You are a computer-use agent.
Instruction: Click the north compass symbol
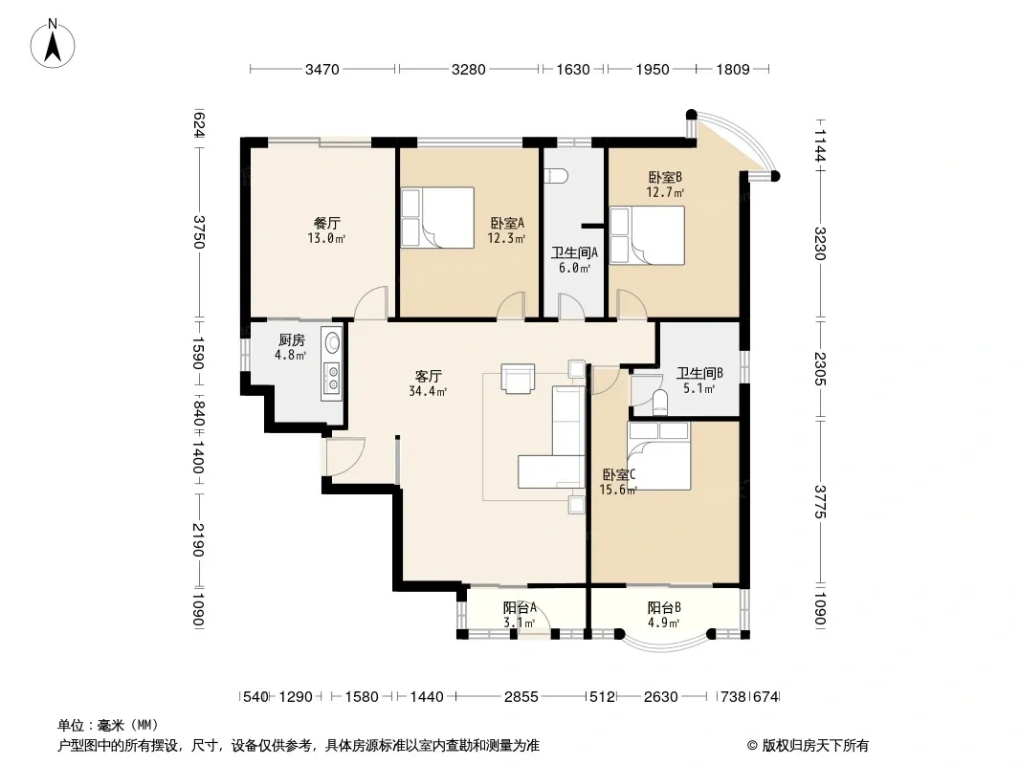(53, 44)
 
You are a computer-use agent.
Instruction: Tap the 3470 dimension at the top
(322, 69)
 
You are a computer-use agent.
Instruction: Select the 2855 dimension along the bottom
(521, 697)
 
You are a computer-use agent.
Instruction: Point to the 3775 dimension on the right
(820, 502)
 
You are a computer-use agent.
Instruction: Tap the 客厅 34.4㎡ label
(428, 383)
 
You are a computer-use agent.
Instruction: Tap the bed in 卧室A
(437, 218)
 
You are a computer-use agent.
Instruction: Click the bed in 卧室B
(647, 235)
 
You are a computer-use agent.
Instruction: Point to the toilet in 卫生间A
(558, 176)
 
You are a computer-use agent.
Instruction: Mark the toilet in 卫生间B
(659, 403)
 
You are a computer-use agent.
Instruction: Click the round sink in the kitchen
(333, 342)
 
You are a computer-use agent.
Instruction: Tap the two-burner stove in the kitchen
(332, 378)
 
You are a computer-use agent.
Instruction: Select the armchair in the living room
(518, 379)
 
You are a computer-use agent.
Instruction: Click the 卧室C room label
(618, 482)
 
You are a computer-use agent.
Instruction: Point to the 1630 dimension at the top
(572, 69)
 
